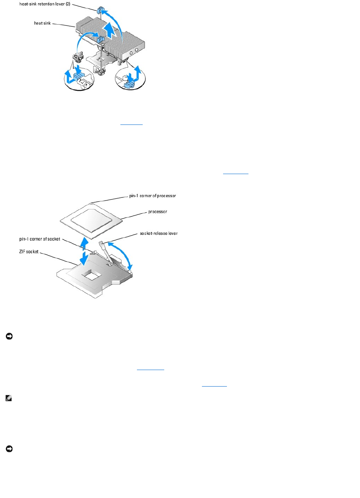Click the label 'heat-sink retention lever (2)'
tap(45, 4)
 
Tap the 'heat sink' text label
tap(42, 23)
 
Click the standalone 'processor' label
tap(158, 212)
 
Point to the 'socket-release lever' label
tap(158, 233)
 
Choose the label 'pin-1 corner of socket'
tap(40, 239)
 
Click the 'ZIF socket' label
tap(29, 252)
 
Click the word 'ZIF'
tap(23, 252)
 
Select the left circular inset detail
tap(79, 79)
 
